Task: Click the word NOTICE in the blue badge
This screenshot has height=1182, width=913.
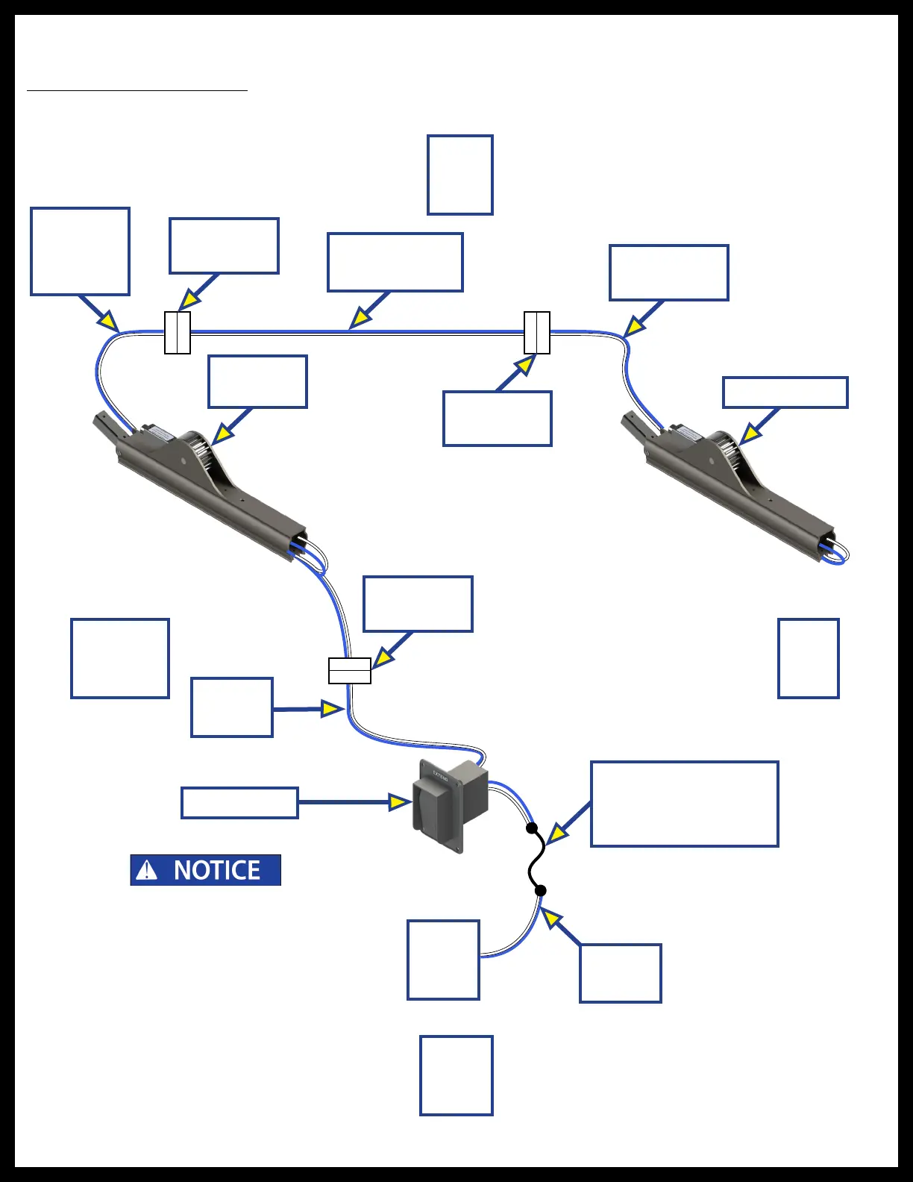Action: tap(217, 870)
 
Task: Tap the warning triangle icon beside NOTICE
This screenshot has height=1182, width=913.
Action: tap(147, 870)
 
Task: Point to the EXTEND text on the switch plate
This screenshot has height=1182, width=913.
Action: tap(442, 775)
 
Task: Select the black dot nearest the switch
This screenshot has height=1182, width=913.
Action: tap(532, 828)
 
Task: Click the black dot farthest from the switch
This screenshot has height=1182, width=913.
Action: tap(541, 890)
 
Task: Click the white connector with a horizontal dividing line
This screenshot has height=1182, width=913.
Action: tap(350, 671)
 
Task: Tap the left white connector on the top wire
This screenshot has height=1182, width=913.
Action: tap(178, 333)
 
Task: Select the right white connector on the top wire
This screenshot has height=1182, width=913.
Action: tap(537, 333)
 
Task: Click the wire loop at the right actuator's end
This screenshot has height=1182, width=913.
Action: tap(840, 554)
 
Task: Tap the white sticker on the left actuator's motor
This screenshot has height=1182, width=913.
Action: tap(159, 433)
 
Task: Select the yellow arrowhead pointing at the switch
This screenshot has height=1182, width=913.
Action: tap(400, 802)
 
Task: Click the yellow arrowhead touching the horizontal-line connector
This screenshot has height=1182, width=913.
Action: tap(382, 657)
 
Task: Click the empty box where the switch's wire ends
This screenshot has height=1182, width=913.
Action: tap(443, 960)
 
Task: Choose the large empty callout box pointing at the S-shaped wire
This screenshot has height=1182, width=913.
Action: tap(684, 804)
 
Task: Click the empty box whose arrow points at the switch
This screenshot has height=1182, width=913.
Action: tap(239, 803)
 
